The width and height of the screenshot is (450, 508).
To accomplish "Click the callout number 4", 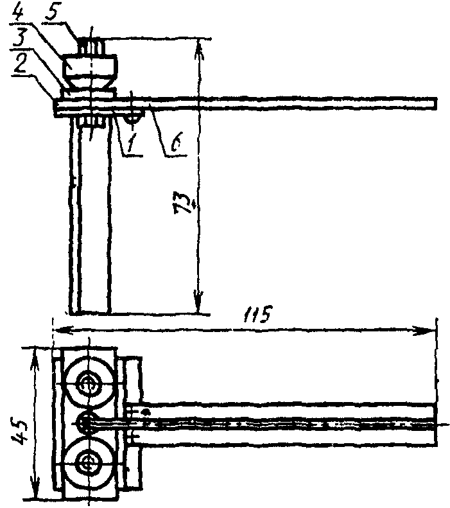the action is click(19, 13).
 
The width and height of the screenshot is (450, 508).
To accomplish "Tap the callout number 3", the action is click(19, 38).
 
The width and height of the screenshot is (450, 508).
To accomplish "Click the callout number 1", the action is click(130, 143).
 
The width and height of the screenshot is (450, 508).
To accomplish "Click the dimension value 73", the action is click(183, 204).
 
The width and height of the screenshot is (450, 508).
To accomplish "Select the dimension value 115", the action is click(257, 314).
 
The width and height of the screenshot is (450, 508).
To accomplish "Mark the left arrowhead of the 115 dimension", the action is click(63, 330).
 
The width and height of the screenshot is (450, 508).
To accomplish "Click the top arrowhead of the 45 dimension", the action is click(35, 360).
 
